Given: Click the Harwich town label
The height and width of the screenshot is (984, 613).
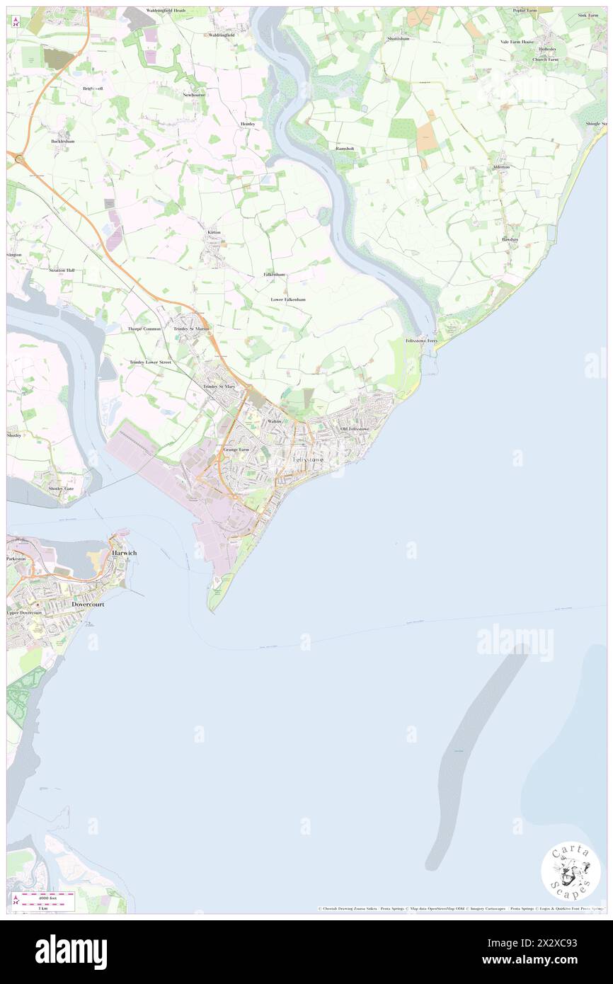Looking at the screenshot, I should pos(125,552).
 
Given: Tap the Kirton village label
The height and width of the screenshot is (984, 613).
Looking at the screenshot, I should pos(214,232).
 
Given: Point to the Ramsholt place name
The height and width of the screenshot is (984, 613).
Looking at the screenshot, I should pos(345,149).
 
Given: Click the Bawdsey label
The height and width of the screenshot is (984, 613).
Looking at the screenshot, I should pos(510,239).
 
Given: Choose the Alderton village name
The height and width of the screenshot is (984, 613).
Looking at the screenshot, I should pos(501,166).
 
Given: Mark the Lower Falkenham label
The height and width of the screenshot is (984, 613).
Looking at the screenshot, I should pos(288,299).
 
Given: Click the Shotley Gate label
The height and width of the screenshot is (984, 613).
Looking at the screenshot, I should pos(60,488).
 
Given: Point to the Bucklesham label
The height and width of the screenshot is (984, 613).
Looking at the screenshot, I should pos(62,141).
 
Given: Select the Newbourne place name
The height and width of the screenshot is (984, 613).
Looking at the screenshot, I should pos(193,94).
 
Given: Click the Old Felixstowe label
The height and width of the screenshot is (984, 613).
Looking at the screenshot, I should pos(355,429).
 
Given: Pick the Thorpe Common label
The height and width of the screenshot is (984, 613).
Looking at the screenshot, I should pos(144,329).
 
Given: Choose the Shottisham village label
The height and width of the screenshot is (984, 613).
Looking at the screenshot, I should pos(399,38).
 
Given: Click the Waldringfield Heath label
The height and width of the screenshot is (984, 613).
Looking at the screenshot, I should pos(166,11).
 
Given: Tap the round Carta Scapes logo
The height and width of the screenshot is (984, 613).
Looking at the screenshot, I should pos(571,872).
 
